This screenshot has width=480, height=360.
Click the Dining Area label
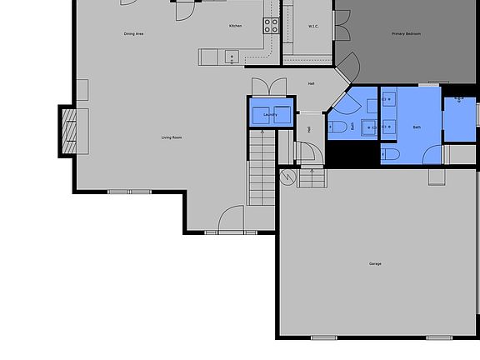point(133,34)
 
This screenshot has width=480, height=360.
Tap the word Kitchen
point(236,27)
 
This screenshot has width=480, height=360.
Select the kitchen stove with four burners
point(272,25)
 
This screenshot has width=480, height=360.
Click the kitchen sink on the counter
point(232,57)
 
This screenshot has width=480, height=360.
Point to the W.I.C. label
point(313,27)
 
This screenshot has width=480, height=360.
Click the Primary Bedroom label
point(407,34)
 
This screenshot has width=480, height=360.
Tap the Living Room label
point(172,137)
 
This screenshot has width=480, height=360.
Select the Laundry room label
point(270,114)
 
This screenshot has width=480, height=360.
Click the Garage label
point(375,264)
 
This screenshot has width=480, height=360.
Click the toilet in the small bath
point(337,127)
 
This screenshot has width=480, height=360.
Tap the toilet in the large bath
point(389,155)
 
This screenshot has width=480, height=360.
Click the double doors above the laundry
point(269,87)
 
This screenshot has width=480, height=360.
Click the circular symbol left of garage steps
point(288,177)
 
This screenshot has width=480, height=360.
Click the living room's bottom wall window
point(131,192)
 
